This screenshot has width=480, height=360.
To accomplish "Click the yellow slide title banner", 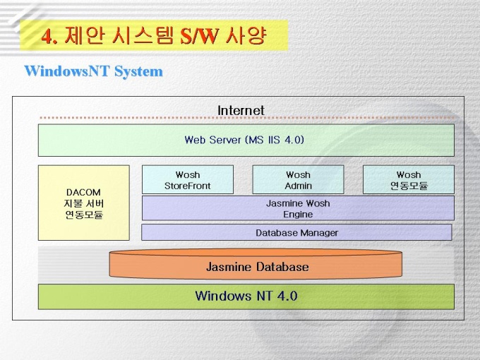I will pos(154,35).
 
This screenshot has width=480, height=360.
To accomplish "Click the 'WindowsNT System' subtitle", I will pos(93,71).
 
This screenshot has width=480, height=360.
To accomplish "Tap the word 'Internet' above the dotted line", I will pos(241,110).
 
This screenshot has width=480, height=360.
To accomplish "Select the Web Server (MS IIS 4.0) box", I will pos(246,140).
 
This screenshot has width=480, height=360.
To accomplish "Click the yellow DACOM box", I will pos(83,203).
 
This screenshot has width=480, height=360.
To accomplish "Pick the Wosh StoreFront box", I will pos(188,180).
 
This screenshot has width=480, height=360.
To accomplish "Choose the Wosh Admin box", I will pos(298,180).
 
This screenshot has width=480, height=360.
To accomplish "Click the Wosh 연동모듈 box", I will pos(408,180).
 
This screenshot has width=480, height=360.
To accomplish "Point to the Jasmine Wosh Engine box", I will pos(298,208).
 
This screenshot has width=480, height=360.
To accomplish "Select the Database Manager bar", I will pos(296,232).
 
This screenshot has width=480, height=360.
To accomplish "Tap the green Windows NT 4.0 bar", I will pos(246,296).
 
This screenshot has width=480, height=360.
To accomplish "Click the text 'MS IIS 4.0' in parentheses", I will pos(275,140).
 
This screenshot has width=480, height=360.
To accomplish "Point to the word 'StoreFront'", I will pos(188,186).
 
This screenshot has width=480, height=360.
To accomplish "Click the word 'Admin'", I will pos(298,186).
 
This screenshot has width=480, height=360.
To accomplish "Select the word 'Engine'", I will pos(298,214).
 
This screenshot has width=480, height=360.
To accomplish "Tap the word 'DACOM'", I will pos(83,192).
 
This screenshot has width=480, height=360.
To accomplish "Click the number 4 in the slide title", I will pos(47,36).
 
